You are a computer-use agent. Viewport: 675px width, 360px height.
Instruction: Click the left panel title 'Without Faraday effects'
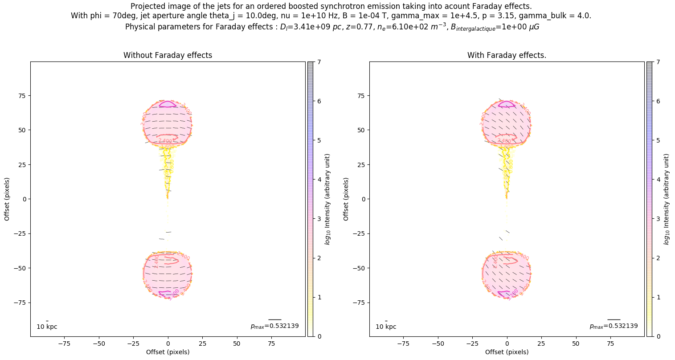(168, 56)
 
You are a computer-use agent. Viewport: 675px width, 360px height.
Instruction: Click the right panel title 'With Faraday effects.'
(507, 56)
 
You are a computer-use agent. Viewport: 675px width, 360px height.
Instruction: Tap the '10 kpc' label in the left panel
(47, 327)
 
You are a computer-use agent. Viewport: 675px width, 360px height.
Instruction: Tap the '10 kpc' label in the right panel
(386, 327)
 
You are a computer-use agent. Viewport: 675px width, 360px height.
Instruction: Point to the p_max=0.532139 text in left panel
(274, 326)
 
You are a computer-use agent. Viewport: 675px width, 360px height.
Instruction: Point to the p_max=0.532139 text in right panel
(614, 326)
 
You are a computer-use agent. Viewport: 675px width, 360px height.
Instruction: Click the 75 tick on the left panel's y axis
(21, 96)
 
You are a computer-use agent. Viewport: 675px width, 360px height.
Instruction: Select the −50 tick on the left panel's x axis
(99, 344)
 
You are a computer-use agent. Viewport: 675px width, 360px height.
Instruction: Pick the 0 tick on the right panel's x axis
(507, 344)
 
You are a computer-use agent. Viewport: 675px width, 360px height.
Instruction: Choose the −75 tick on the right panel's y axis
(359, 303)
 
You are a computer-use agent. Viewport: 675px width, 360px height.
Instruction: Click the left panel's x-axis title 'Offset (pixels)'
(168, 352)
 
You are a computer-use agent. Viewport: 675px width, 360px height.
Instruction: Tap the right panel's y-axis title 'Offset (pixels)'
(346, 199)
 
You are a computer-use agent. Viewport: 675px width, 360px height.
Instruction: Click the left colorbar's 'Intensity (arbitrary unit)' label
(327, 199)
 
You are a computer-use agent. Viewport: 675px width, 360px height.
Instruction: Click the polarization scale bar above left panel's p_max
(274, 319)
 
